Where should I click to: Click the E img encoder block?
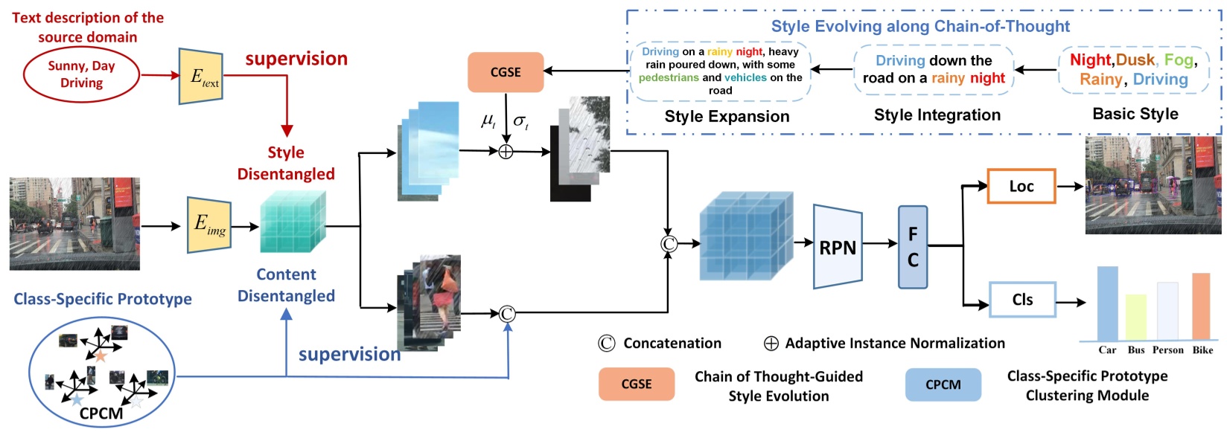(208, 225)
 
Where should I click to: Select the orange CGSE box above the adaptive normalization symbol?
(506, 72)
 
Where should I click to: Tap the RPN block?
(838, 247)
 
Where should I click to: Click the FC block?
(913, 247)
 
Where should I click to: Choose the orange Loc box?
(1021, 187)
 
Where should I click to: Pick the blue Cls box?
(1022, 300)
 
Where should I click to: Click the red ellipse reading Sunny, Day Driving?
(81, 74)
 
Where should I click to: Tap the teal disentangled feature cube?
(292, 223)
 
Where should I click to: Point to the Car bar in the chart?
(1107, 303)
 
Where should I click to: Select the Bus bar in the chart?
(1135, 318)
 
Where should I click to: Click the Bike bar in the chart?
(1201, 306)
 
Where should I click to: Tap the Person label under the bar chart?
(1167, 350)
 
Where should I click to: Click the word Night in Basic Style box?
(1090, 60)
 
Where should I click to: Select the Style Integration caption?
(937, 115)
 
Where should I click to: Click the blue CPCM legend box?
(943, 384)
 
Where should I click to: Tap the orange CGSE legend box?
(636, 384)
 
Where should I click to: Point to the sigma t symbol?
(520, 121)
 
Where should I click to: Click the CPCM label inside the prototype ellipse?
(101, 413)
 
